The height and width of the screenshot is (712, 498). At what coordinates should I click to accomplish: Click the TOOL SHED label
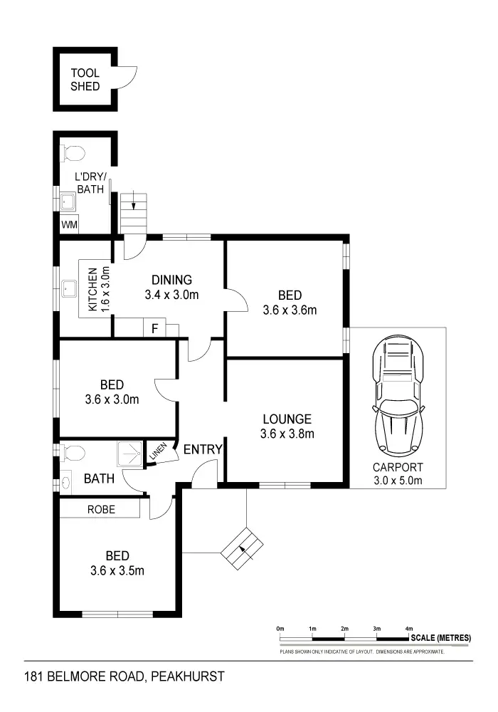pos(85,80)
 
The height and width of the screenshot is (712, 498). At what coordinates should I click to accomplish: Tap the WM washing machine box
pos(69,225)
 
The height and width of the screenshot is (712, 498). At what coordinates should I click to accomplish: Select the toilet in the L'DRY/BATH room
pos(73,152)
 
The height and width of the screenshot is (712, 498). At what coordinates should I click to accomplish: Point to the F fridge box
pos(154,328)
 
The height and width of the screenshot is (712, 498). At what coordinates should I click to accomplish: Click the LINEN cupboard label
pos(157,453)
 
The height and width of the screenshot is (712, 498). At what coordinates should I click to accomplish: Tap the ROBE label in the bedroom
pos(101,510)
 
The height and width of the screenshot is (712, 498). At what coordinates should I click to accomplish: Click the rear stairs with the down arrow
pos(134,211)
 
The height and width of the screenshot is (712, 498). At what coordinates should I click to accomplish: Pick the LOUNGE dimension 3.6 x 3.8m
pos(287,433)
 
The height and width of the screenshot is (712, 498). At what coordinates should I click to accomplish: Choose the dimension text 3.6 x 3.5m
pos(117,570)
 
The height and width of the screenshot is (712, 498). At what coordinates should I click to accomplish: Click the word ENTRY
pos(203,450)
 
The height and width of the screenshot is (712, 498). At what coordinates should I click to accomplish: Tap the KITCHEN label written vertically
pos(92,290)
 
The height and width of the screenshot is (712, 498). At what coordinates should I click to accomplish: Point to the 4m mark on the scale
pos(409,629)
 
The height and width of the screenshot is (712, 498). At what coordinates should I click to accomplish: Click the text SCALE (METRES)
pos(440,638)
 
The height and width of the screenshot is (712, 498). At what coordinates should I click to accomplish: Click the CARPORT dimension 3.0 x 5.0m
pos(398,481)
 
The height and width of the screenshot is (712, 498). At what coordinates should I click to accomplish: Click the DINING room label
pos(171,280)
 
